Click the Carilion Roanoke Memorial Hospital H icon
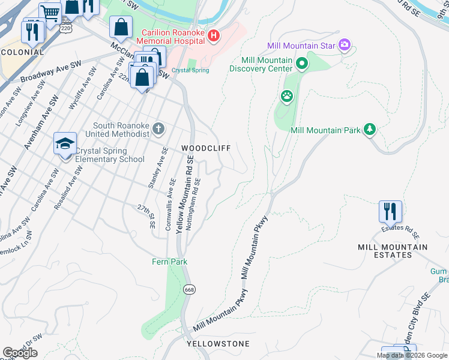point(213,37)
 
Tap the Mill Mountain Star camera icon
point(344,44)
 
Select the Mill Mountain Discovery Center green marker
point(302,62)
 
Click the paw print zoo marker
point(287,96)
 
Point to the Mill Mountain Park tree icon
point(370,129)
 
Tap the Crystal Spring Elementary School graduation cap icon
point(65,145)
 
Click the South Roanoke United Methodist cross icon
point(158,128)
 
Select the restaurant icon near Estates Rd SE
point(390,212)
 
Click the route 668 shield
point(190,289)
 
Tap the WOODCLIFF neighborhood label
point(206,148)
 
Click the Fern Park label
point(169,262)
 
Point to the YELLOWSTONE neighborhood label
point(218,344)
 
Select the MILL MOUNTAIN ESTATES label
point(393,251)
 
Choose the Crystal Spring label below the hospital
point(190,70)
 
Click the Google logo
point(20,353)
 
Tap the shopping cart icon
point(50,12)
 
